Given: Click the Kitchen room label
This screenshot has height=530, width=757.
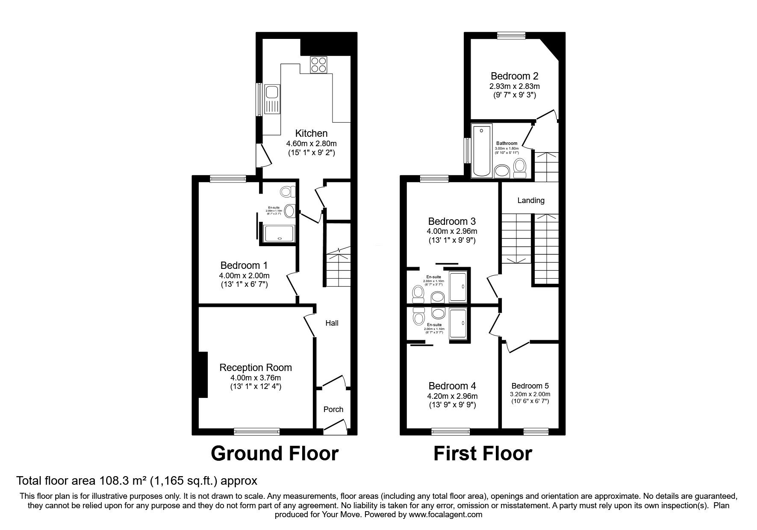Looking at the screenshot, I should click(x=311, y=133).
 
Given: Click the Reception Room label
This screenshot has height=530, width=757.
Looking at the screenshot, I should click(x=256, y=368).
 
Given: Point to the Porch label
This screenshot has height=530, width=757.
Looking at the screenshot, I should click(x=333, y=409).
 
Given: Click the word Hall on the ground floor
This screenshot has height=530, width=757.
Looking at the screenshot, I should click(x=332, y=323).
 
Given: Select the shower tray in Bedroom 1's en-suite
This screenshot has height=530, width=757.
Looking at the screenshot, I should click(x=280, y=233).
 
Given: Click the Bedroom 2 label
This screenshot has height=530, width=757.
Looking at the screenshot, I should click(x=514, y=76).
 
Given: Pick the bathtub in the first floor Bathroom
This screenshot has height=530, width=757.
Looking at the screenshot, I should click(x=482, y=150).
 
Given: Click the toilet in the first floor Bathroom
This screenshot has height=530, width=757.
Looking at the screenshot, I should click(x=520, y=168).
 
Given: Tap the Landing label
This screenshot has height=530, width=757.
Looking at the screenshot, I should click(x=531, y=200).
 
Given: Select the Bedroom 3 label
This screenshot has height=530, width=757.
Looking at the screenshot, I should click(x=452, y=221).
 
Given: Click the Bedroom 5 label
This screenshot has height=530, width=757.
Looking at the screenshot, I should click(x=530, y=386).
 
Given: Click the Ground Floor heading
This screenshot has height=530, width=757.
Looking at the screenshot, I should click(x=274, y=453).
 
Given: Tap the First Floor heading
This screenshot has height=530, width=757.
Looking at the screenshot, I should click(x=483, y=453).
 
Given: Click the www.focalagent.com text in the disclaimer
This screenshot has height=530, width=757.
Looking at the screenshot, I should click(x=445, y=515).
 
